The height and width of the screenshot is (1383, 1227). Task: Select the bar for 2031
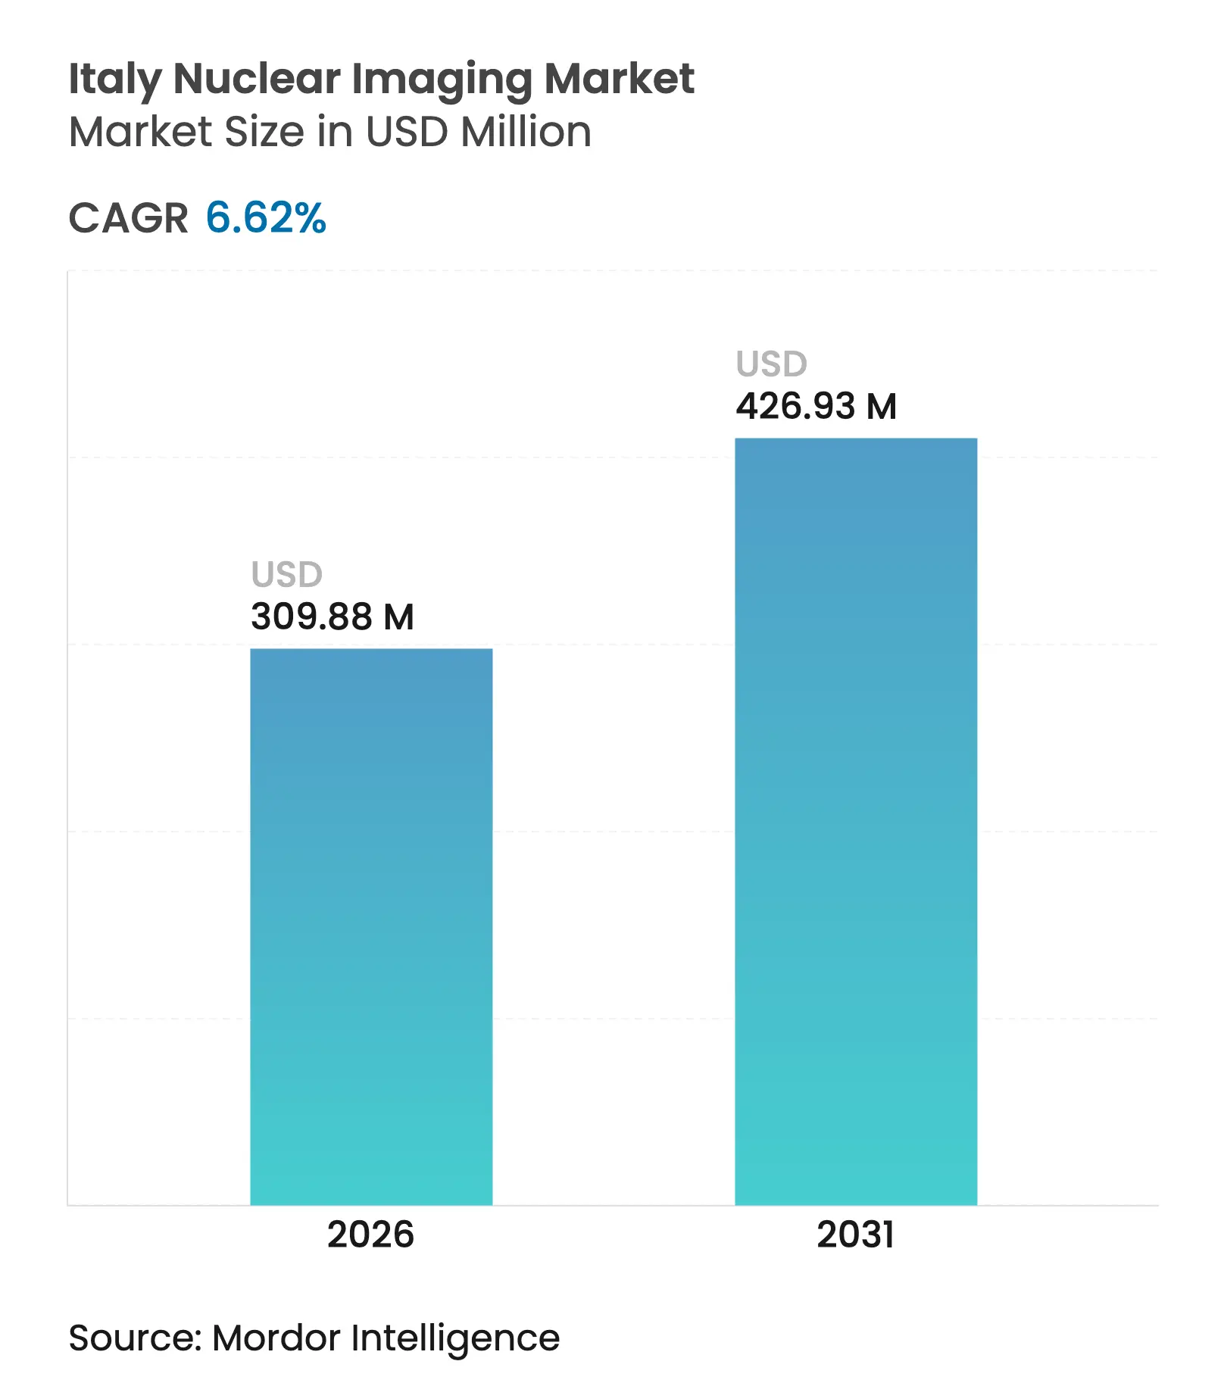point(856,821)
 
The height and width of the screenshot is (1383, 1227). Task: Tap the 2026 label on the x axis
point(370,1235)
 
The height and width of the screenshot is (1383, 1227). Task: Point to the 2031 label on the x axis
point(856,1235)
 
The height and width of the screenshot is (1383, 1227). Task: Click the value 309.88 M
point(333,617)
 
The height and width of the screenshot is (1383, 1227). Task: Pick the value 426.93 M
point(816,406)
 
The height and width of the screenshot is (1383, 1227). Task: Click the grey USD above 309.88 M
point(287,575)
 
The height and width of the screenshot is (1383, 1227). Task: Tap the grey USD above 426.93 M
point(772,364)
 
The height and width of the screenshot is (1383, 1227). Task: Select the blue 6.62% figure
point(266,218)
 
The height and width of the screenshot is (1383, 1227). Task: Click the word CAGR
point(128,219)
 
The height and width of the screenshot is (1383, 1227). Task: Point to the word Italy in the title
point(114,80)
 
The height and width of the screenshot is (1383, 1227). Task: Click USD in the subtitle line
point(406,132)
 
